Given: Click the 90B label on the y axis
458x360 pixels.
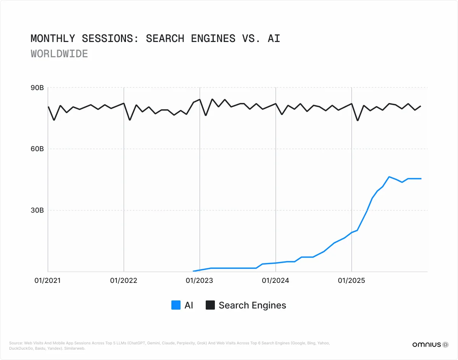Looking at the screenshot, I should point(37,88).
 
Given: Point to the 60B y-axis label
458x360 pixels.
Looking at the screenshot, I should point(37,149).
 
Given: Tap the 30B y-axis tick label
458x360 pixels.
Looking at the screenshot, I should point(37,210).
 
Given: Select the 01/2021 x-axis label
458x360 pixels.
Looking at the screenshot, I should point(48,281).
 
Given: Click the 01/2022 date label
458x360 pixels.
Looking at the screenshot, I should point(124,281).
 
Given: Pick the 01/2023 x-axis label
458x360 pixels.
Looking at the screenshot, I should point(199,281).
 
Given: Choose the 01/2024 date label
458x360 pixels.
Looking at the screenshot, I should point(275,281).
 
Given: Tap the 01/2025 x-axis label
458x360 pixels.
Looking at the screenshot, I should point(351,281).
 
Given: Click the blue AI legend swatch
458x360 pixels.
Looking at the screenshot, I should point(176,305).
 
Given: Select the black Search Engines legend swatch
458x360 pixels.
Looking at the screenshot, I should point(210,305).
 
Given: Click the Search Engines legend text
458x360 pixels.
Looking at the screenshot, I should point(252,305).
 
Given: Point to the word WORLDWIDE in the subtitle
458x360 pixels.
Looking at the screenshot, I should point(59,54).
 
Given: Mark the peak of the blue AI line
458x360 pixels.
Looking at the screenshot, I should point(389,177).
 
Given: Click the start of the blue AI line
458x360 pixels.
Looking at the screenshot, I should point(194,271).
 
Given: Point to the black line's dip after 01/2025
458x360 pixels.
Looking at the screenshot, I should point(358,121).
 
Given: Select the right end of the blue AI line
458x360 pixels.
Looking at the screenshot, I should point(421,179).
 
